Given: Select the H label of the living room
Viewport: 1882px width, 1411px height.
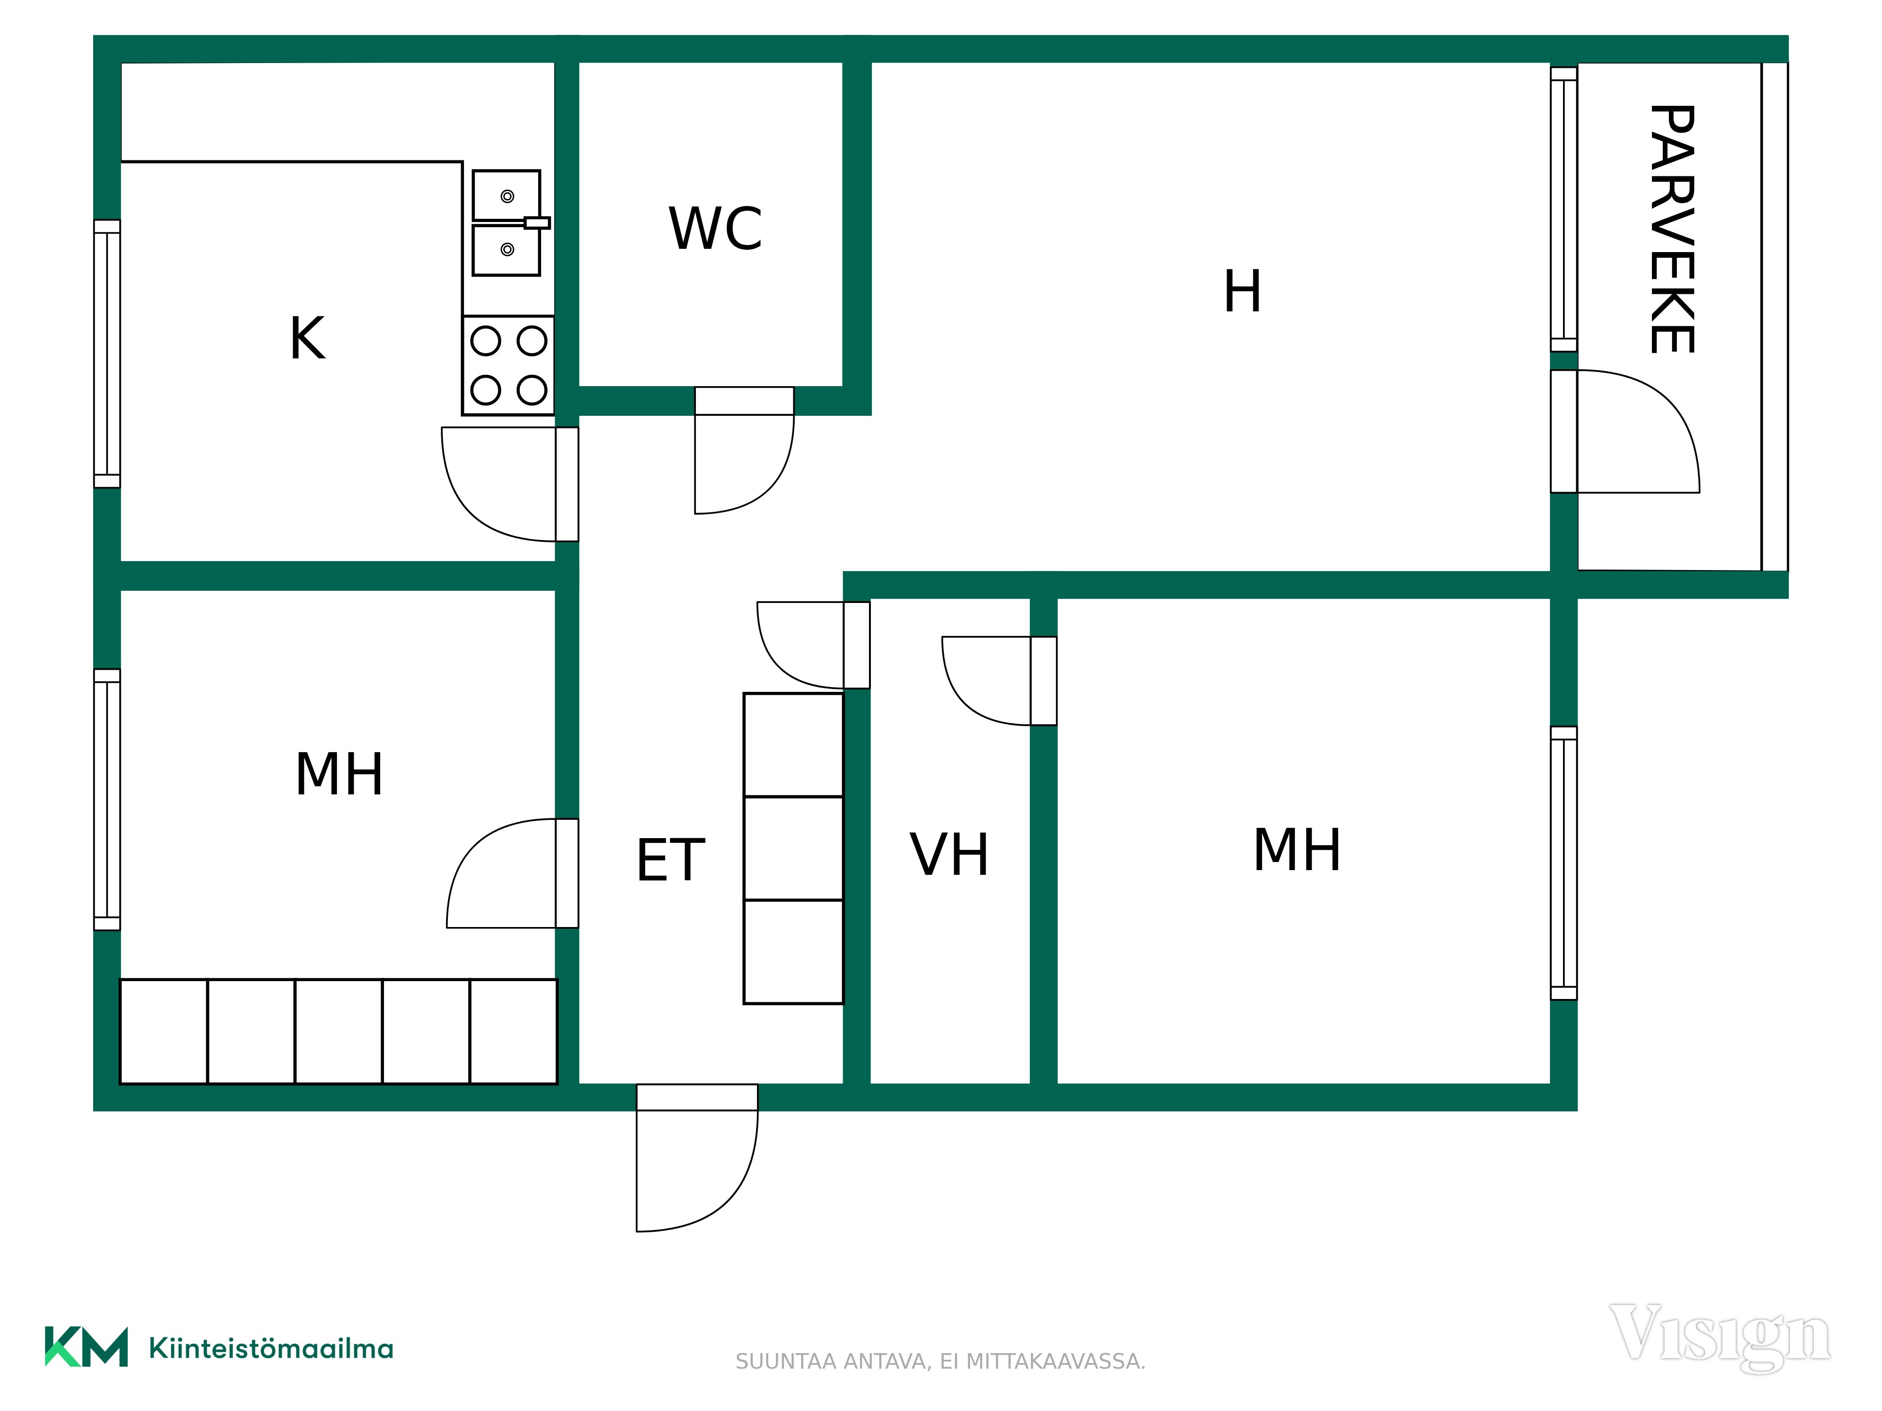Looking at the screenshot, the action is point(1242,291).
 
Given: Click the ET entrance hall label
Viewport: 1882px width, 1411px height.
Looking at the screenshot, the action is point(670,860).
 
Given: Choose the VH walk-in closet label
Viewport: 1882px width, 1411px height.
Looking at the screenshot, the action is point(949,854).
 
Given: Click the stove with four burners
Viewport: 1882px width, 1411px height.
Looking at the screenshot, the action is point(508,365).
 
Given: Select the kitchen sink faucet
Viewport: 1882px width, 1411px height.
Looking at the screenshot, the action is point(536,223).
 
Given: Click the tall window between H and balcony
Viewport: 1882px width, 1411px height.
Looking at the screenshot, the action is point(1564,209).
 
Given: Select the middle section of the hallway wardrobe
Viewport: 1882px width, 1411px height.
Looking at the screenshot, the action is point(793,848).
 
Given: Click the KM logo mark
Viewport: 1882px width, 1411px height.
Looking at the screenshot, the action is point(86,1347).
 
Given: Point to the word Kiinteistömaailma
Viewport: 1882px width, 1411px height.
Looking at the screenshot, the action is point(271,1348).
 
